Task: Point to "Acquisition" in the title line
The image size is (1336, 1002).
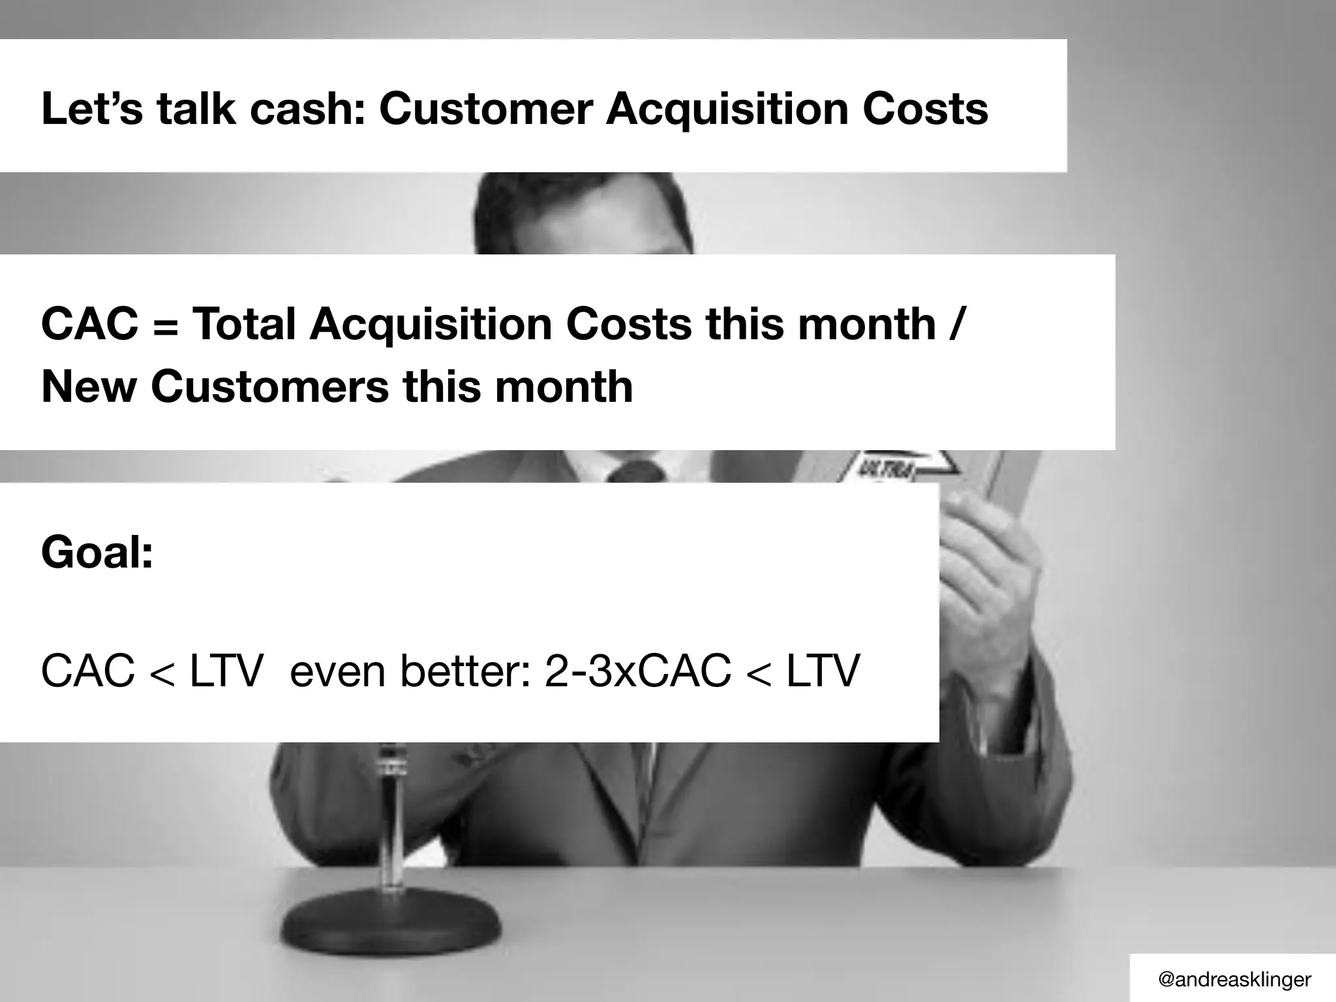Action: point(726,110)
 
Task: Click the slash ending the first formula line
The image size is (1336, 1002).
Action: point(954,325)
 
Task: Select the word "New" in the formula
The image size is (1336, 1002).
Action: point(89,387)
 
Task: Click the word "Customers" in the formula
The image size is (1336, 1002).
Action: point(269,387)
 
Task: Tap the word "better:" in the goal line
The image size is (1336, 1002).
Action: point(466,671)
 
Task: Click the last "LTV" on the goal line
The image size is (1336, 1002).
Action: point(823,671)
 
